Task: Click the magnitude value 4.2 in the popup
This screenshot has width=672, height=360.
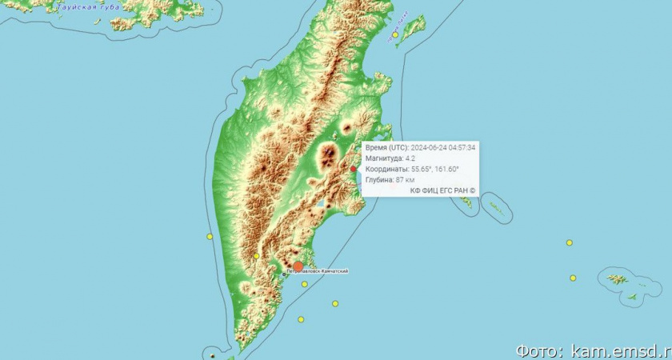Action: [410, 158]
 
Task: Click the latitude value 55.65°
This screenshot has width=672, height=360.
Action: [425, 170]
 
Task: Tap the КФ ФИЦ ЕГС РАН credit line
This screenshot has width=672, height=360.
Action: [442, 190]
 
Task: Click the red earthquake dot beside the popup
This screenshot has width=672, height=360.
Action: [354, 169]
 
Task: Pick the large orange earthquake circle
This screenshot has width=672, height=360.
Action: [298, 266]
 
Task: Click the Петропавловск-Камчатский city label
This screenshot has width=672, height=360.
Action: [317, 272]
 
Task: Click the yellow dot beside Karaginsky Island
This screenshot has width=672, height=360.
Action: [395, 35]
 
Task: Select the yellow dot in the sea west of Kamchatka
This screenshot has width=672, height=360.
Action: [210, 237]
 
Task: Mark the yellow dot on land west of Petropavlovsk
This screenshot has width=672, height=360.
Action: [257, 256]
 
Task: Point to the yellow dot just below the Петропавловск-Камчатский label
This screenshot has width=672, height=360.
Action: [305, 284]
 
